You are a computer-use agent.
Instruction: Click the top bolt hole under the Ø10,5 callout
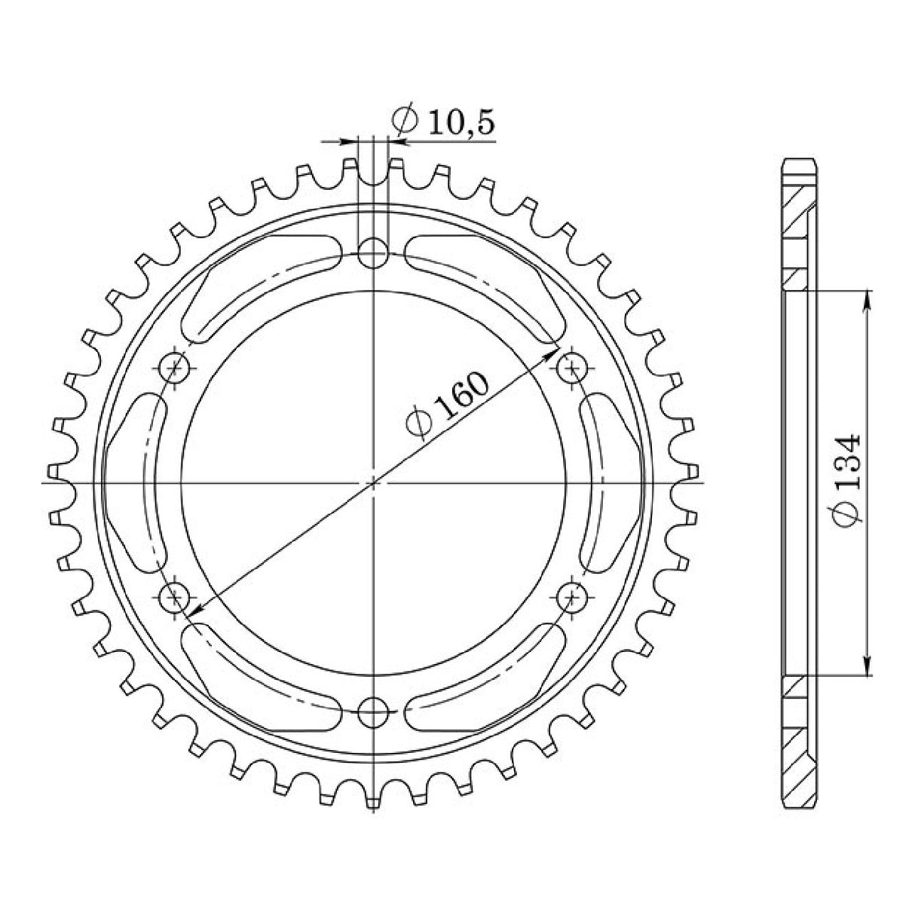373,253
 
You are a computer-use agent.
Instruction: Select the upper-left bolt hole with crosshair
176,368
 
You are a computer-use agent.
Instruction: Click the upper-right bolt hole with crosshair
574,368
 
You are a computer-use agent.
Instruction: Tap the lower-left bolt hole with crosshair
176,597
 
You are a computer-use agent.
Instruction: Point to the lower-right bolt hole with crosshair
574,597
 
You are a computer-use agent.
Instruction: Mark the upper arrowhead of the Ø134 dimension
868,297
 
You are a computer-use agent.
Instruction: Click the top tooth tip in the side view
798,164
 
